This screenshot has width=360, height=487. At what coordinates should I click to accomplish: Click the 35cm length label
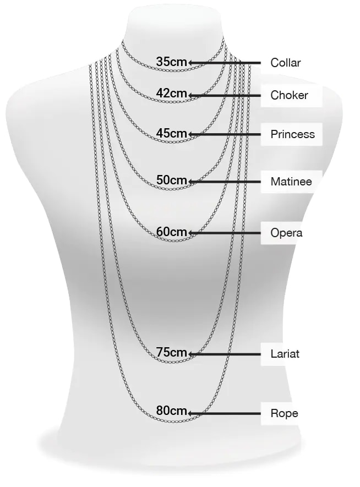(x=171, y=62)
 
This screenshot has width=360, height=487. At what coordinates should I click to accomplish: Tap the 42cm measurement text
(x=171, y=93)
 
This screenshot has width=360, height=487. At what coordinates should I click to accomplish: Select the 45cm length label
(x=171, y=133)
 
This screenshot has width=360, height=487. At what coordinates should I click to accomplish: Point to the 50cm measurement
(x=171, y=180)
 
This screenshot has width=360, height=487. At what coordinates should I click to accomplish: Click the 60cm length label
(x=171, y=231)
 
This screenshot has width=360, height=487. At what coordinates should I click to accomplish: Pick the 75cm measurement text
(x=171, y=352)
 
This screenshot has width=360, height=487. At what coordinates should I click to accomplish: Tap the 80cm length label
(x=171, y=411)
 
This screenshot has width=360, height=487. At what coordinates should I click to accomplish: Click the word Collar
(x=286, y=63)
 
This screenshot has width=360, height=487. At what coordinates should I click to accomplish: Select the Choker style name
(x=289, y=95)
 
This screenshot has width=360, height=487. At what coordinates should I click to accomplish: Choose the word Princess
(x=293, y=134)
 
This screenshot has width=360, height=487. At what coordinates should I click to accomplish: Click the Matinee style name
(x=291, y=182)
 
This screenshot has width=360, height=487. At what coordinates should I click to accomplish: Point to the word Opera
(x=286, y=233)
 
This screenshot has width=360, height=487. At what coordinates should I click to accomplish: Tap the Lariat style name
(x=285, y=354)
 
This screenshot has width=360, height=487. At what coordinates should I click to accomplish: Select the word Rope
(x=284, y=413)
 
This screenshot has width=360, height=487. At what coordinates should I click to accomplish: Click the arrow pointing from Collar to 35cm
(x=224, y=63)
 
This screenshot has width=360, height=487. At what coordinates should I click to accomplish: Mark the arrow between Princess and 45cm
(x=224, y=134)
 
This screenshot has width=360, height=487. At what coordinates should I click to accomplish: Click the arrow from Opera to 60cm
(x=224, y=233)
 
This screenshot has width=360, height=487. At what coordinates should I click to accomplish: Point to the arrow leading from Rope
(x=224, y=413)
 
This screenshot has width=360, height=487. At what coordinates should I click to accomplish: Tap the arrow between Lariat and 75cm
(x=224, y=354)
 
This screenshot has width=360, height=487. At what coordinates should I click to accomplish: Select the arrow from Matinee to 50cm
(x=224, y=182)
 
